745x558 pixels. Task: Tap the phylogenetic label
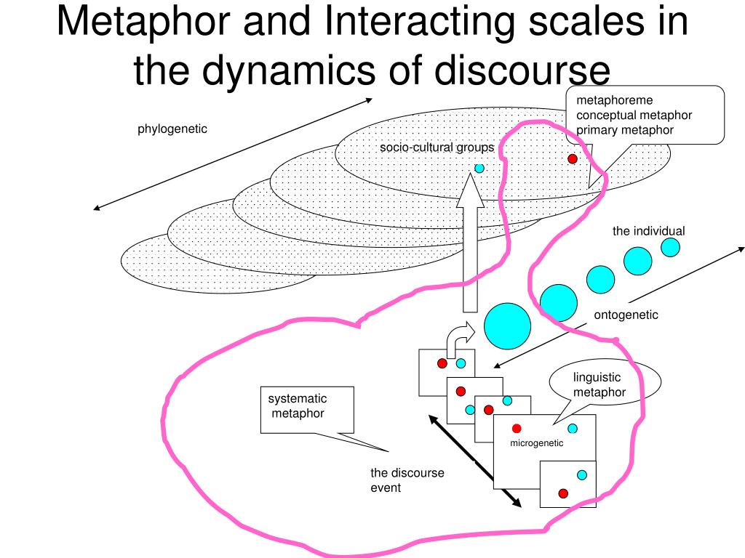click(x=172, y=129)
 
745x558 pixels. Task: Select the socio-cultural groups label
click(x=437, y=148)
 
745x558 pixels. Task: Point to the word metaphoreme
click(x=615, y=100)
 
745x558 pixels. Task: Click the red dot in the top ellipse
click(x=573, y=158)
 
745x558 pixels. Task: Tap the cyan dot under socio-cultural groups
click(x=479, y=168)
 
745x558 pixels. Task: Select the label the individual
click(x=648, y=231)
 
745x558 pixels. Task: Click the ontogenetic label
click(x=626, y=315)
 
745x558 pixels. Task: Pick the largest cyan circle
click(x=508, y=325)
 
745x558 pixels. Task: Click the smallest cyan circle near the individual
click(x=670, y=248)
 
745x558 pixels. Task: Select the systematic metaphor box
click(x=307, y=410)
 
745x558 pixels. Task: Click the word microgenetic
click(x=536, y=443)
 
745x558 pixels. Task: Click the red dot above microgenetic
click(x=517, y=428)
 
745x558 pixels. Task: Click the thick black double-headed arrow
click(x=474, y=461)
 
